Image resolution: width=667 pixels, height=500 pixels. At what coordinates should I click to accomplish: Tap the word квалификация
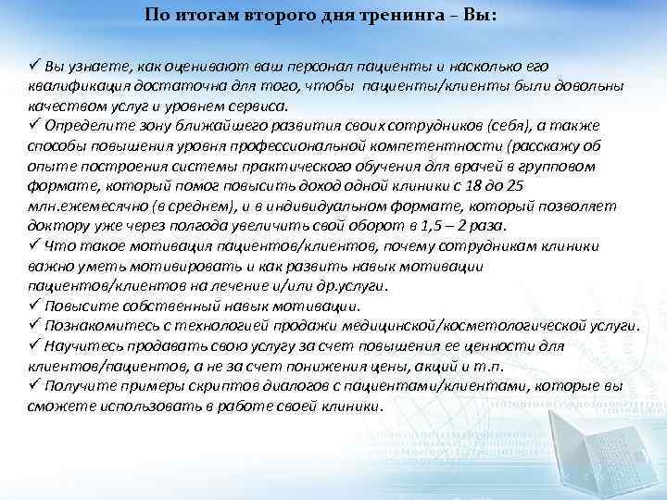pos(72,85)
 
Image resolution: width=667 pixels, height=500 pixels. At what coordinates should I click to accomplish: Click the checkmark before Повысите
pos(34,306)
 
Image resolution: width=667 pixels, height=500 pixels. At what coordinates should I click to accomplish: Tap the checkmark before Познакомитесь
pos(34,326)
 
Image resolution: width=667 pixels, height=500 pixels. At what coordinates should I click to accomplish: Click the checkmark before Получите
pos(34,385)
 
